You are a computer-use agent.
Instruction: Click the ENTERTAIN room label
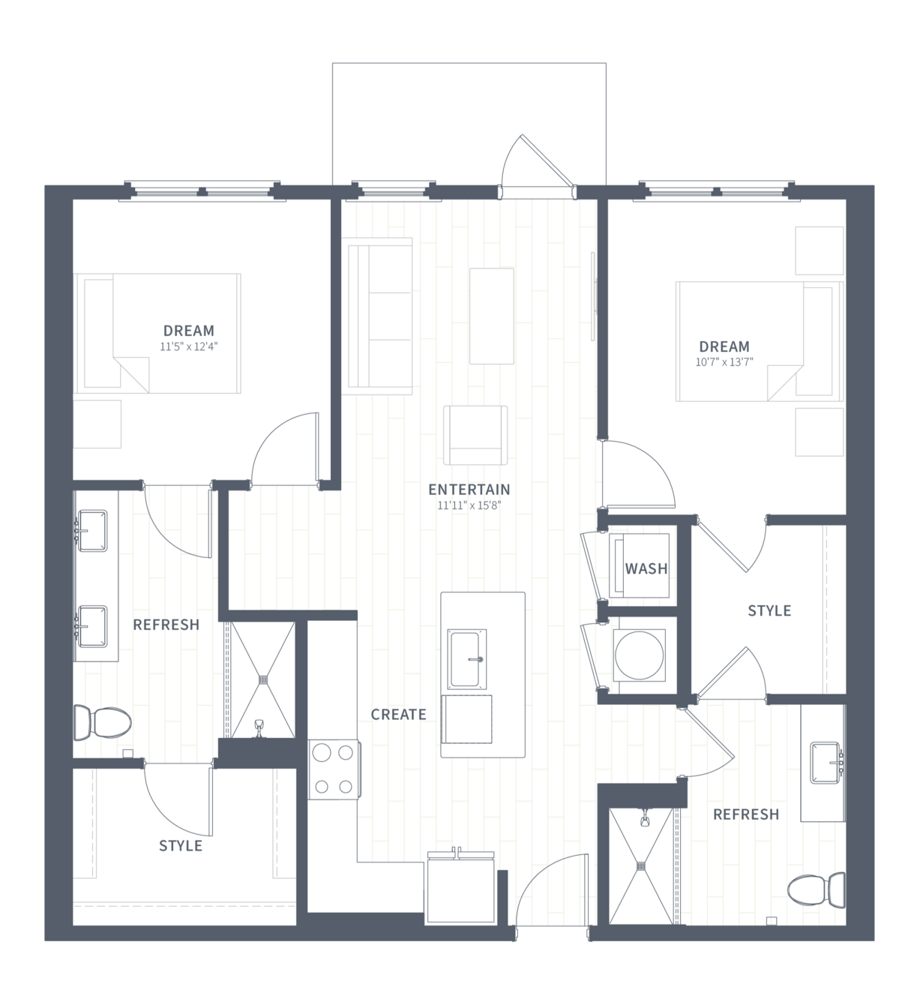click(469, 490)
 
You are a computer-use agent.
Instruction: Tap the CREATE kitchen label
click(399, 715)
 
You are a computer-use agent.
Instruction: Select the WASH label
click(646, 568)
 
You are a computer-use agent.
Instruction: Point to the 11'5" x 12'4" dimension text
click(189, 346)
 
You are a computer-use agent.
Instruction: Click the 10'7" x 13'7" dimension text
click(724, 362)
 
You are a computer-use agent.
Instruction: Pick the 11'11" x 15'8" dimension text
click(469, 505)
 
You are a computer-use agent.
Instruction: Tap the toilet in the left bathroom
click(103, 722)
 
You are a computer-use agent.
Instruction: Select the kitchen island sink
click(467, 659)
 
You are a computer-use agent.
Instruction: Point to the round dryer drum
click(640, 655)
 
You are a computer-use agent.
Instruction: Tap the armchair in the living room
click(475, 435)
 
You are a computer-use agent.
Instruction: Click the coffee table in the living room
click(492, 316)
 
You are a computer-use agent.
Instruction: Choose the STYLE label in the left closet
click(181, 846)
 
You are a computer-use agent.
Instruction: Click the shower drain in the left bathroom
click(262, 679)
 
